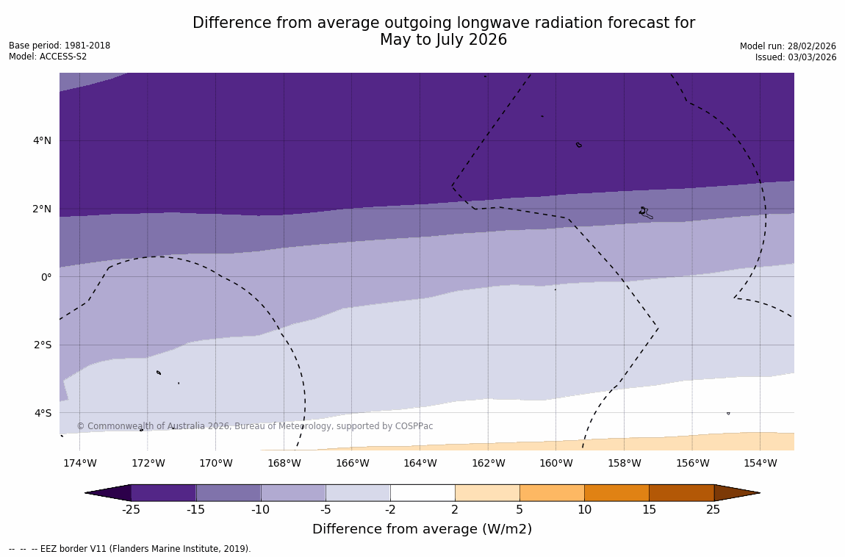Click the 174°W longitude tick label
click(x=79, y=463)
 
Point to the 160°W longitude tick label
click(x=556, y=463)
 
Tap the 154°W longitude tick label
click(x=760, y=463)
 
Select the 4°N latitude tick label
click(x=42, y=140)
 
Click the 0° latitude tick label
click(x=46, y=277)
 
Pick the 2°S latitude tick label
click(x=42, y=345)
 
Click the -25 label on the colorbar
click(x=131, y=510)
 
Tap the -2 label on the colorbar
click(x=390, y=510)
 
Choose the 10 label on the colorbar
click(x=584, y=510)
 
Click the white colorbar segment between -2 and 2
click(x=422, y=492)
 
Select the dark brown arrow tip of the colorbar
click(x=736, y=492)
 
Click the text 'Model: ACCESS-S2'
click(x=48, y=57)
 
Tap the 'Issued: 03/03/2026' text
click(x=796, y=57)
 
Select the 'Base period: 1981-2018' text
click(x=60, y=46)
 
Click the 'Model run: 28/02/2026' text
click(x=788, y=46)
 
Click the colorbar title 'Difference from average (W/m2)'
click(x=422, y=529)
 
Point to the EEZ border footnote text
click(x=130, y=549)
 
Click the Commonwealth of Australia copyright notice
click(x=255, y=426)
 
